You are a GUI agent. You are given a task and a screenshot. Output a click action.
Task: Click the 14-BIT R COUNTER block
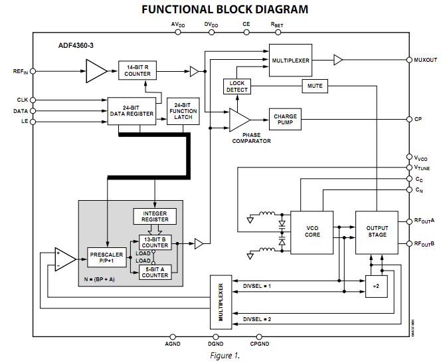coord(137,70)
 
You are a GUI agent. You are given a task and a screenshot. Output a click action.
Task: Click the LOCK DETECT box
coord(237,86)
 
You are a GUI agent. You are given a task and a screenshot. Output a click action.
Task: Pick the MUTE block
coord(315,86)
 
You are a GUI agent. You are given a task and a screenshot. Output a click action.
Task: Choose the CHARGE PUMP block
coord(286,120)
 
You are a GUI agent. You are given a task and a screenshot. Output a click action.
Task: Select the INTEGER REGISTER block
coord(155,216)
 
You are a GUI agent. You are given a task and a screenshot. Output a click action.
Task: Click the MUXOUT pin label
coord(426,60)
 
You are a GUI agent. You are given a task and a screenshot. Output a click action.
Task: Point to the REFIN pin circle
coord(33,70)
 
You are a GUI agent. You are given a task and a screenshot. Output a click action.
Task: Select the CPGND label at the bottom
coord(260,344)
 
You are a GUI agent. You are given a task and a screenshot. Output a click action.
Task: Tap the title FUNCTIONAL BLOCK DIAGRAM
coord(225,9)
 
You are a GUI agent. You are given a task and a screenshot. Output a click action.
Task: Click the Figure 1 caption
coord(224,356)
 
